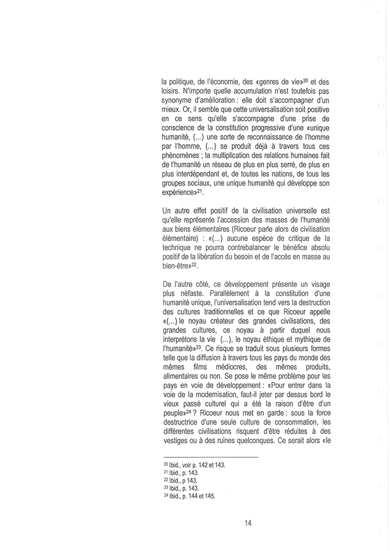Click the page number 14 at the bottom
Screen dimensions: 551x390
coord(248,522)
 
